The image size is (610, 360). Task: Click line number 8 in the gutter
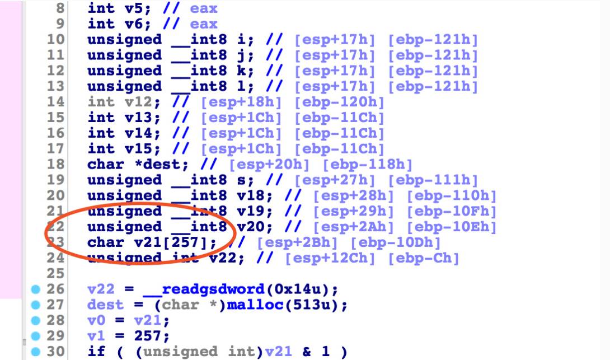(x=60, y=8)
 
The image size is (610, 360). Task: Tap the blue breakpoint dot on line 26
(x=35, y=289)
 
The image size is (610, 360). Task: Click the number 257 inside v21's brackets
(x=185, y=242)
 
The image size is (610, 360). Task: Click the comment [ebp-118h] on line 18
(x=367, y=164)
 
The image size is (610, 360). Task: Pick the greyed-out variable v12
(x=138, y=102)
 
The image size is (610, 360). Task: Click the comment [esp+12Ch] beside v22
(x=330, y=258)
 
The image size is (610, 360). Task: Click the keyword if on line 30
(x=96, y=352)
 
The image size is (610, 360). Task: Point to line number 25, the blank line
(x=55, y=273)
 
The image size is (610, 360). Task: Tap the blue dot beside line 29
(x=35, y=336)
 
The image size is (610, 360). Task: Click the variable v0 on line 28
(x=96, y=320)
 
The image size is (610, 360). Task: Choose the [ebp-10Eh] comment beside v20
(x=452, y=227)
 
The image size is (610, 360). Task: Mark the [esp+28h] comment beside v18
(x=353, y=195)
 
